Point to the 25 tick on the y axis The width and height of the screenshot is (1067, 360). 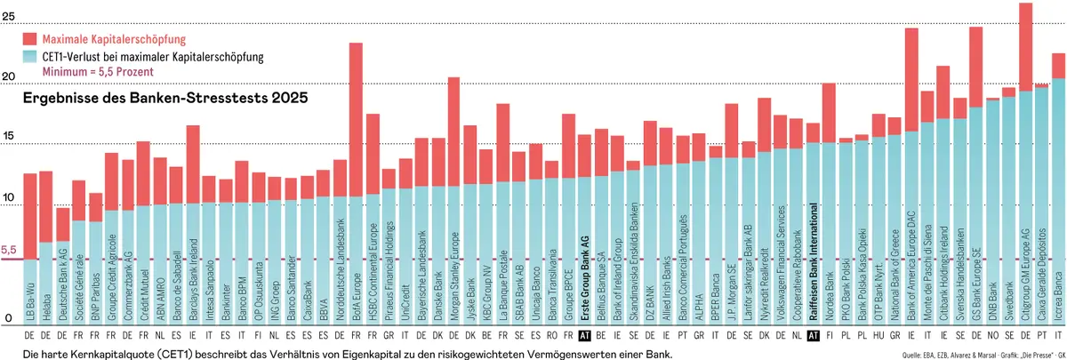[x=8, y=16]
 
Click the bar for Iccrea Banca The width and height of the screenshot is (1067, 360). [x=1058, y=196]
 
